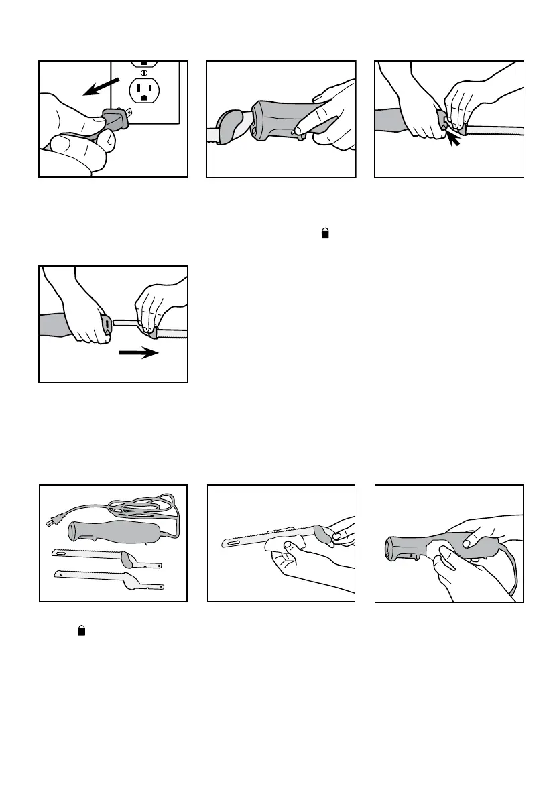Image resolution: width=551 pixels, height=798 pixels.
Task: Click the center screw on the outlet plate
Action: tap(143, 72)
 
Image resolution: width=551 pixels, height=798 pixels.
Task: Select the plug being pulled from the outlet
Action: tap(115, 121)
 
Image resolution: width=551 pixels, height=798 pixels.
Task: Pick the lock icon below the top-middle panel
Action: tap(326, 233)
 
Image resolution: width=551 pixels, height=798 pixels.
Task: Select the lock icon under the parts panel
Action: tap(82, 630)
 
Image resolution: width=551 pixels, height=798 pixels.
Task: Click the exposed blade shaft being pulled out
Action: tap(125, 322)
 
